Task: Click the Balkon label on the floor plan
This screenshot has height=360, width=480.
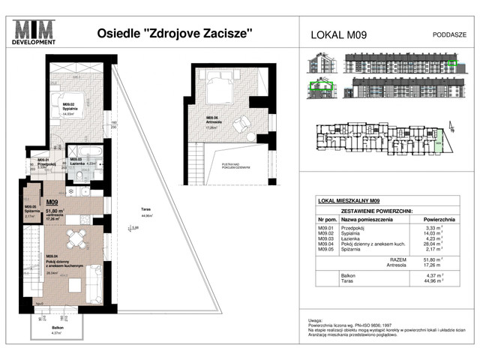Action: click(48, 328)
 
